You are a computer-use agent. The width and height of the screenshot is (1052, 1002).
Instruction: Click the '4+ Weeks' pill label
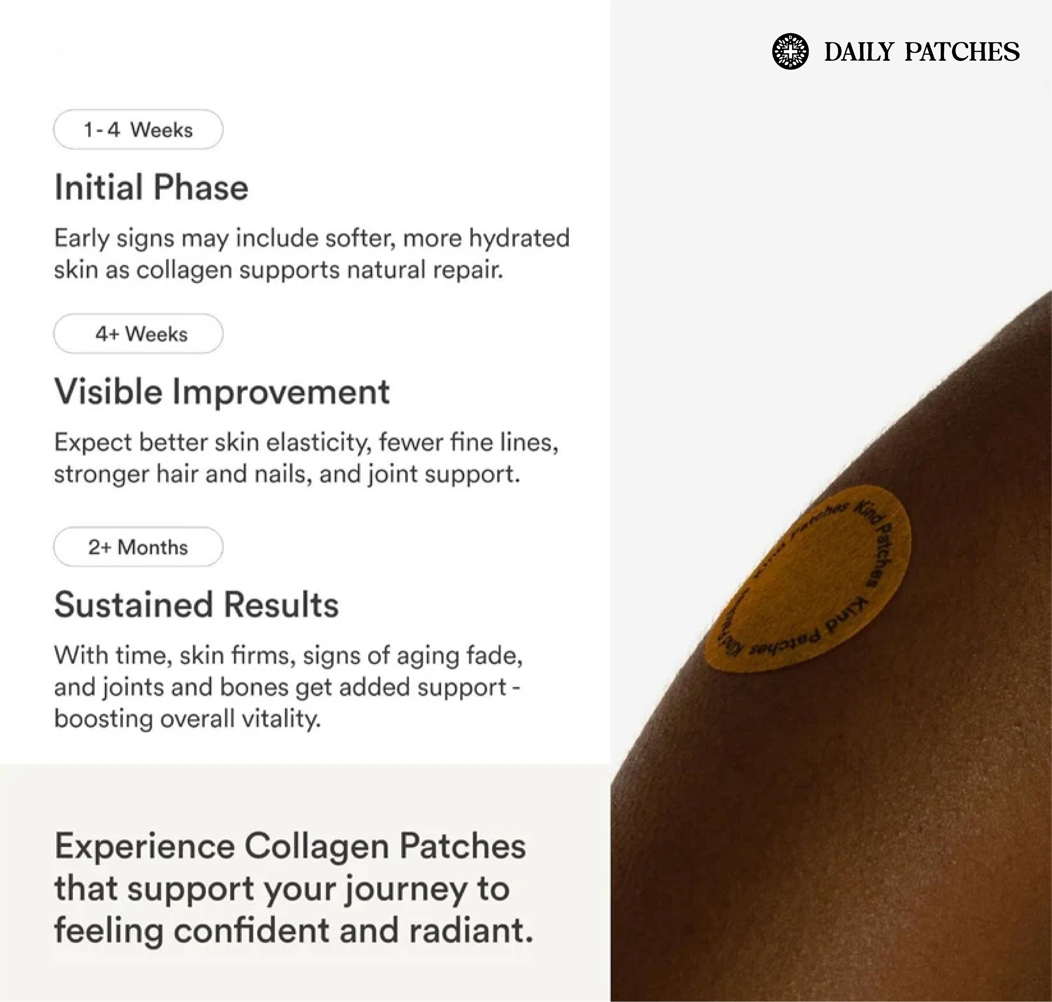(138, 334)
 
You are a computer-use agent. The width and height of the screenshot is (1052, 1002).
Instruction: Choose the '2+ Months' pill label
(138, 547)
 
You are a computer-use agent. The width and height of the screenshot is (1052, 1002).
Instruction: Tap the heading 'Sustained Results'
(196, 605)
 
